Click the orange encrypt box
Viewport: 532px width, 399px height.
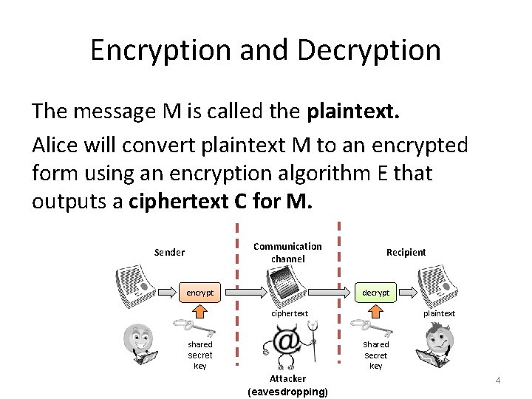pos(199,293)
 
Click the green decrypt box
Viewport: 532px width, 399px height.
pos(375,293)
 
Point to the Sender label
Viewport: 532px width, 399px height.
pos(169,252)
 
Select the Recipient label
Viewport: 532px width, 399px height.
pos(406,252)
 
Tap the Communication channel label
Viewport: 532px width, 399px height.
pos(287,252)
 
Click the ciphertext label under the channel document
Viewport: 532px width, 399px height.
pos(289,313)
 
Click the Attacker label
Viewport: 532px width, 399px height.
pos(287,378)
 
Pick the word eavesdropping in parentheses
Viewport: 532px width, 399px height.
pos(287,391)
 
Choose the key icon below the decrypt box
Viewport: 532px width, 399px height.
pos(366,326)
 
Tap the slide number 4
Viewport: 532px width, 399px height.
pos(497,380)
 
